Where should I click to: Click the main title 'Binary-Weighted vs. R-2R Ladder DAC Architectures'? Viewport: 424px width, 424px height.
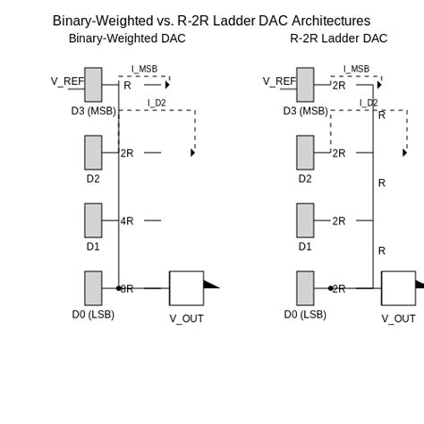pos(211,21)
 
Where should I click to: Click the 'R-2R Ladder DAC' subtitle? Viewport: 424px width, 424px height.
pos(338,38)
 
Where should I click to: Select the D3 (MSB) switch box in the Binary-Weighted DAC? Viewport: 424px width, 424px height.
pos(93,85)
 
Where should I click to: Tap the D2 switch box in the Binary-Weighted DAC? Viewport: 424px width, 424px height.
pos(93,153)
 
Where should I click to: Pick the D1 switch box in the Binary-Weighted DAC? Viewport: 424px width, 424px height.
pos(93,221)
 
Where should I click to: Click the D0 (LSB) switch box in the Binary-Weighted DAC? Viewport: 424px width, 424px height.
pos(93,288)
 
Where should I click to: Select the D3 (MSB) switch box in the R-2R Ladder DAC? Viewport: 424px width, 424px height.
pos(305,85)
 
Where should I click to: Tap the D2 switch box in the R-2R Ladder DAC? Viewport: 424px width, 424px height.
pos(305,153)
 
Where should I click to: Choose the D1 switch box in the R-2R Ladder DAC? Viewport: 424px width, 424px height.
pos(305,221)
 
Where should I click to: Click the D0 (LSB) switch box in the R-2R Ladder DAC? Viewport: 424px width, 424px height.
pos(305,288)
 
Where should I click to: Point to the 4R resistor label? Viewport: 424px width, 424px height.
pos(127,221)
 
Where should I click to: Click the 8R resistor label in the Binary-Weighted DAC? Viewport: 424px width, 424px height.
pos(127,289)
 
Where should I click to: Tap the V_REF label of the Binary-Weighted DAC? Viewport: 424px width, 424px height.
pos(67,81)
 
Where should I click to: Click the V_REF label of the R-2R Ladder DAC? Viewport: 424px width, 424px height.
pos(279,81)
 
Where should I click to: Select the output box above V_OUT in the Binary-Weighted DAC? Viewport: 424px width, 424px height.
pos(186,288)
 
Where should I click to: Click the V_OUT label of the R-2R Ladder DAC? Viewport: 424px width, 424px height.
pos(398,318)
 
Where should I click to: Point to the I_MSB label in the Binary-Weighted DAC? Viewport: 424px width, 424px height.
pos(144,69)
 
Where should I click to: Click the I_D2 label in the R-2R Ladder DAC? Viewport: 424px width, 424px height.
pos(369,103)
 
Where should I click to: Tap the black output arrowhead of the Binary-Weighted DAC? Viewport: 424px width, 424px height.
pos(210,284)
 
